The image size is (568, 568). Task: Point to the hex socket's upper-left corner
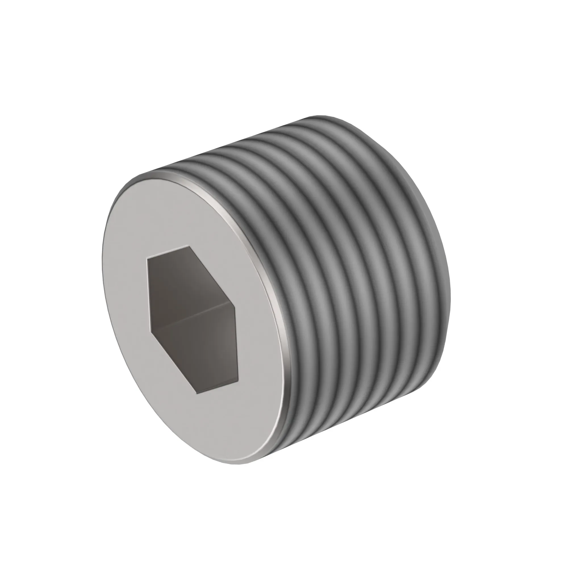click(x=148, y=259)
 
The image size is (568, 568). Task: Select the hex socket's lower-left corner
click(x=151, y=333)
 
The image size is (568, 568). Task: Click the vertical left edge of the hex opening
click(x=149, y=295)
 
